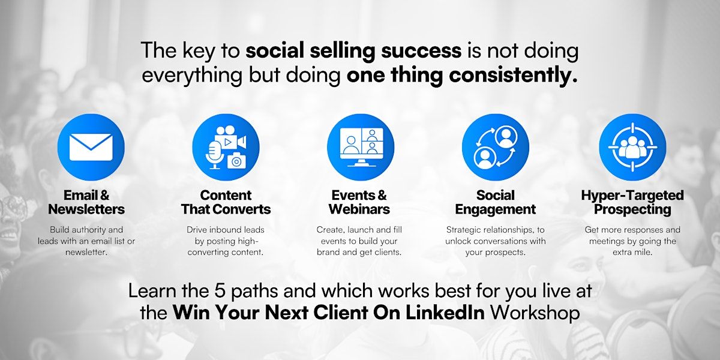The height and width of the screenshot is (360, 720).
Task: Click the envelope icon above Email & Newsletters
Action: pos(91,147)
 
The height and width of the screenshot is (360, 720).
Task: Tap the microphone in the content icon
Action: pos(214,155)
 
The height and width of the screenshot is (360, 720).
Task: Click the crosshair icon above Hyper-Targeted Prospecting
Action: pos(632,147)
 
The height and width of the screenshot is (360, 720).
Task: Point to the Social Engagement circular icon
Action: pos(496,147)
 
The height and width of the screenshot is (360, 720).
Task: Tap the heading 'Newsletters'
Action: pos(86,209)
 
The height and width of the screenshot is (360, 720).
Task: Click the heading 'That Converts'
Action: pos(226,209)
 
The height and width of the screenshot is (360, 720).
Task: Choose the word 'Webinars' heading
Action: pos(359,209)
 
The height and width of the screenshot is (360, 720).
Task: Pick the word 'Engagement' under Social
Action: pos(496,209)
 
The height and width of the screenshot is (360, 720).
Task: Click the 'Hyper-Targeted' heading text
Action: pos(632,196)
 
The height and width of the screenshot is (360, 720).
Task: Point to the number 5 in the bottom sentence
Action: pos(220,291)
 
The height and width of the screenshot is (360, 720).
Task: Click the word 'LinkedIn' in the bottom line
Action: pos(445,312)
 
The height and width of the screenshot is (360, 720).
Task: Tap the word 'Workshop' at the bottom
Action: pos(535,313)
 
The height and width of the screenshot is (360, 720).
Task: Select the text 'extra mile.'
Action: pos(632,252)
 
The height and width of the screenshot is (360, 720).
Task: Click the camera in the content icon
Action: pos(236,160)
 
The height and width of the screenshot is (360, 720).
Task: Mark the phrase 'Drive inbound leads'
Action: pos(226,229)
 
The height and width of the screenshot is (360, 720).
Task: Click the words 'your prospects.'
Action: pos(496,253)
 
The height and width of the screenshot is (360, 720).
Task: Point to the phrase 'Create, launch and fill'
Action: pos(359,229)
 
